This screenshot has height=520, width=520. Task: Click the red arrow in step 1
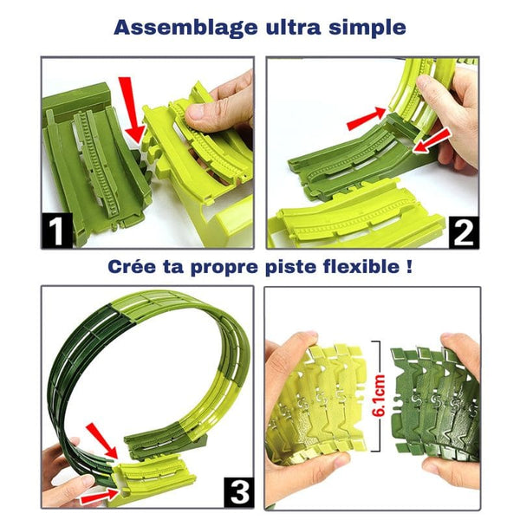click(x=133, y=108)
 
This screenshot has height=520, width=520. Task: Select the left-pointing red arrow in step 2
click(x=432, y=140)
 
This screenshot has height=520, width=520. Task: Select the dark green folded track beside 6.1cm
click(x=433, y=399)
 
